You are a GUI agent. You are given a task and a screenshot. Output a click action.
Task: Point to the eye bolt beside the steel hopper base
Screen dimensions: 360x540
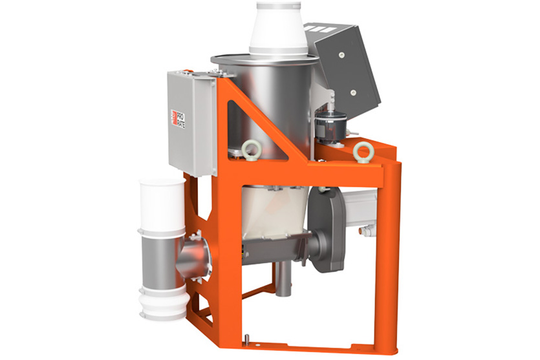pos(250,149)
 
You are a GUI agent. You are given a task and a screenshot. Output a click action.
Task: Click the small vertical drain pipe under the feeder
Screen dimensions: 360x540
pos(283,284)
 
